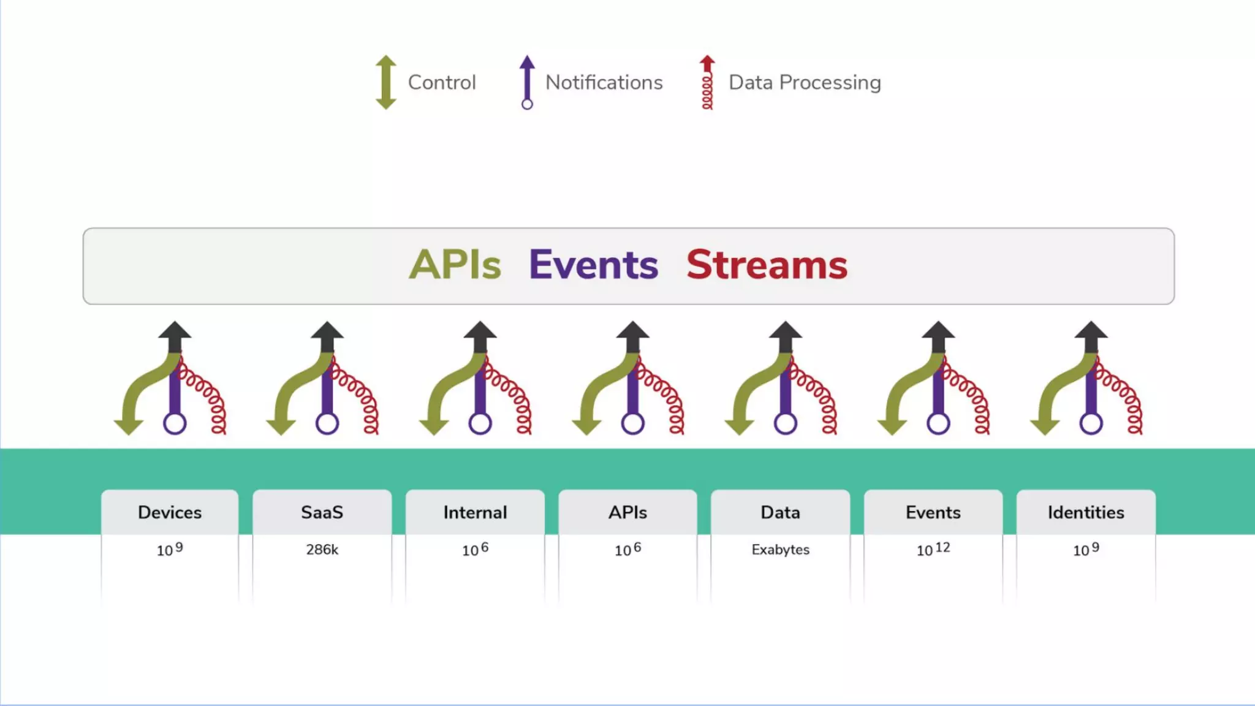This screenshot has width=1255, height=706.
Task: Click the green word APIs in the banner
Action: [x=455, y=265]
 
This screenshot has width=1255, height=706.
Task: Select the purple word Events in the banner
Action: [x=593, y=265]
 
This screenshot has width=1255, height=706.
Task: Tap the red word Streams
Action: [x=767, y=265]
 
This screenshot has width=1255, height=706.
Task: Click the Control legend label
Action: [x=442, y=82]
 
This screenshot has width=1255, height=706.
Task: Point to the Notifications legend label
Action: [x=604, y=82]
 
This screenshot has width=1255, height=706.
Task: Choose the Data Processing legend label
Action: [x=805, y=82]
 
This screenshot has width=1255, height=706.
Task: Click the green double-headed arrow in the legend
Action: [x=386, y=82]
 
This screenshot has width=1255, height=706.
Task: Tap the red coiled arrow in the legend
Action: [x=707, y=82]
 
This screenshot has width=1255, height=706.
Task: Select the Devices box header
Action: [x=170, y=512]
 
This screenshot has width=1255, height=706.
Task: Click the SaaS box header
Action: [x=322, y=512]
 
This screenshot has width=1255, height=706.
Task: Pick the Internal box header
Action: [x=475, y=512]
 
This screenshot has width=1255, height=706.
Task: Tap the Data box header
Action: [x=780, y=512]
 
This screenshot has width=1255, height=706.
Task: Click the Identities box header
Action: [x=1086, y=512]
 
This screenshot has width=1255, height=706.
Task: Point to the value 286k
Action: [x=322, y=550]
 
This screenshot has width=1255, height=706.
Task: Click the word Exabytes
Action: [x=780, y=550]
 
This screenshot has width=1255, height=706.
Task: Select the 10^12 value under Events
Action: [x=933, y=549]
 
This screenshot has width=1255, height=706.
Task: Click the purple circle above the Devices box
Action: [x=175, y=423]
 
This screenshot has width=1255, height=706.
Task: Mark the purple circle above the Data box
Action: [x=786, y=423]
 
